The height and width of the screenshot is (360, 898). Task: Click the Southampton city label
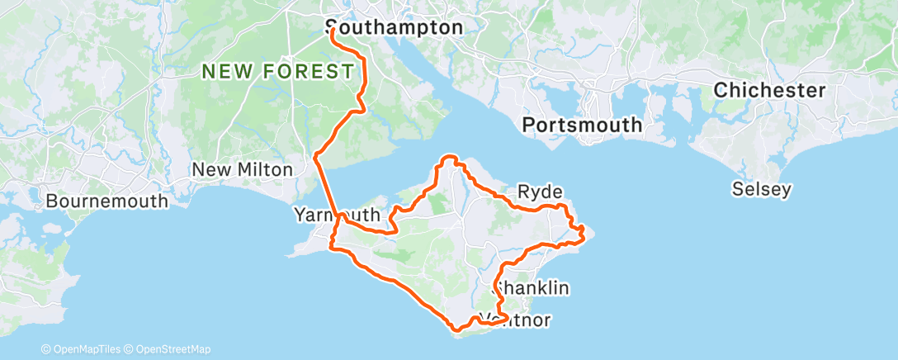(395, 27)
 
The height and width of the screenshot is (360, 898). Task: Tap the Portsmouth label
(582, 125)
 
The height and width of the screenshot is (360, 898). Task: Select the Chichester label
(770, 90)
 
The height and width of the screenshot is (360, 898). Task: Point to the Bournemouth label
(107, 201)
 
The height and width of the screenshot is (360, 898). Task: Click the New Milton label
(242, 169)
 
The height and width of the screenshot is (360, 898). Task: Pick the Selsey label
(762, 190)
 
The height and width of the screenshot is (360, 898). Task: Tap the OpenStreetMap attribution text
(173, 349)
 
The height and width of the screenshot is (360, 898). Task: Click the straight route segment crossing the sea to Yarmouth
(328, 187)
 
